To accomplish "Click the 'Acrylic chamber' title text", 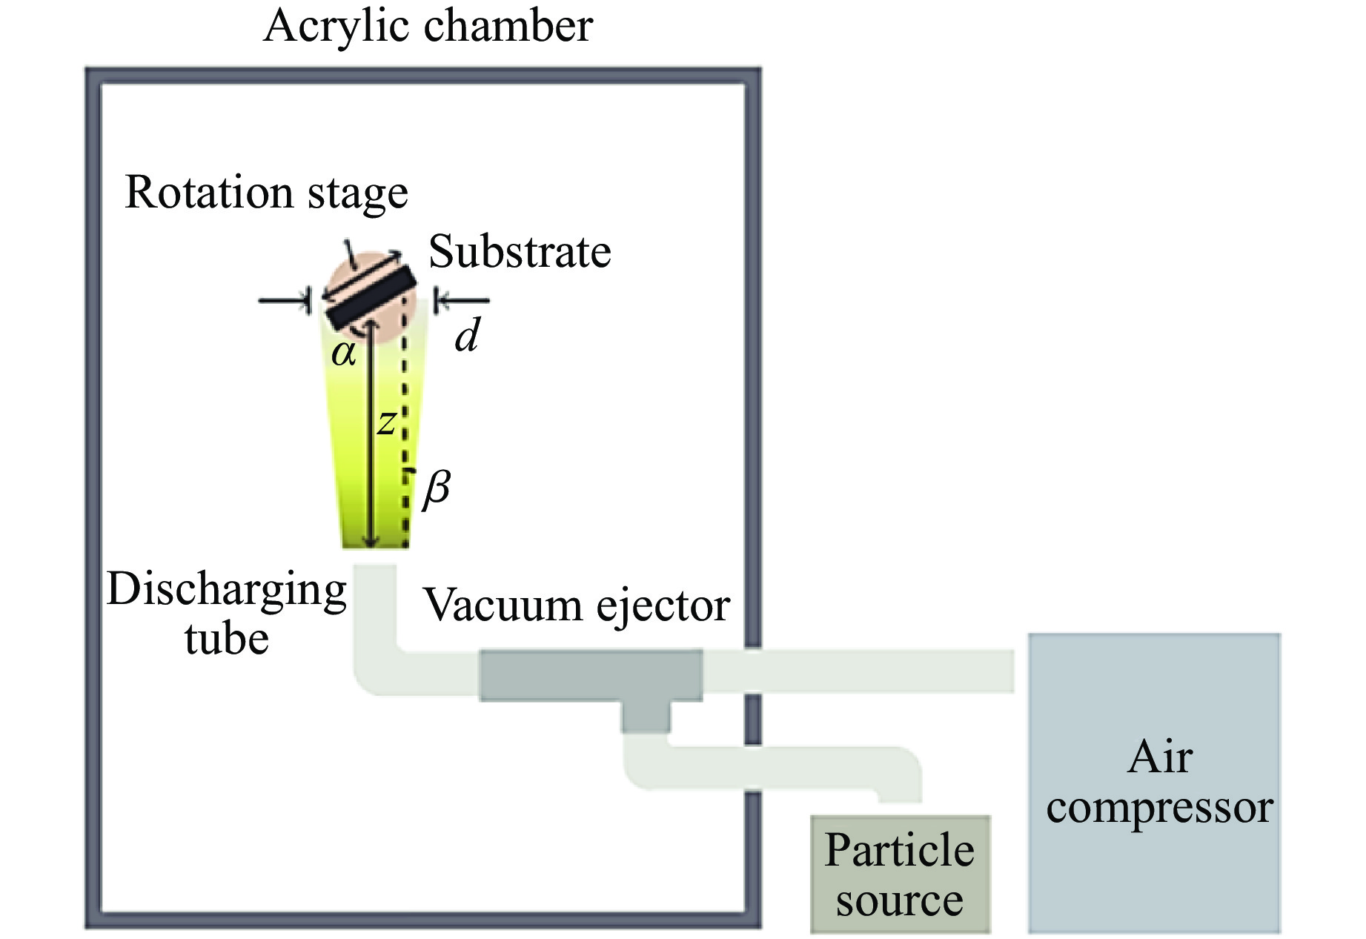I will pos(428,27).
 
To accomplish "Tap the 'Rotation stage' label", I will pos(266,193).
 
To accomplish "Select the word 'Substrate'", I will pos(520,252).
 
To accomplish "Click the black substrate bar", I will pos(371,297).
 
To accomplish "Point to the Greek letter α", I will pos(344,354).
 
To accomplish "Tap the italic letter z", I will pos(386,422).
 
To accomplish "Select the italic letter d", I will pos(468,335).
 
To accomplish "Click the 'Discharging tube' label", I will pos(227,614).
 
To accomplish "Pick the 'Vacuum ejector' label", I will pos(576,605).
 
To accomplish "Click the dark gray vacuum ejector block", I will pos(590,674).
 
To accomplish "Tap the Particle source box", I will pos(900,875).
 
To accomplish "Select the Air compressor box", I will pos(1154,783).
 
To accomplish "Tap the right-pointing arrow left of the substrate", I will pos(285,301).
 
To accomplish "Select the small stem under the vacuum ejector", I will pos(646,716).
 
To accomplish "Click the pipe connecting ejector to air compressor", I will pos(860,671).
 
